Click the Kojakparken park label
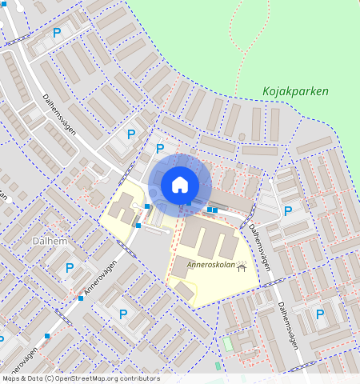coord(295,91)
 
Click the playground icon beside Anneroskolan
coord(240,272)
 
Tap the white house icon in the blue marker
coord(180,184)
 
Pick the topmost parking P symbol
coord(57,33)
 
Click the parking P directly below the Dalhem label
coord(70,268)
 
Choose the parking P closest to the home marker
coord(160,148)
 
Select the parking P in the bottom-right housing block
coord(320,314)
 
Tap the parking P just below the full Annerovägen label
coord(122,314)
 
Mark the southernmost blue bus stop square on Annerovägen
coord(48,336)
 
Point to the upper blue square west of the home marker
coord(148,206)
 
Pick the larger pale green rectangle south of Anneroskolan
coord(227,343)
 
